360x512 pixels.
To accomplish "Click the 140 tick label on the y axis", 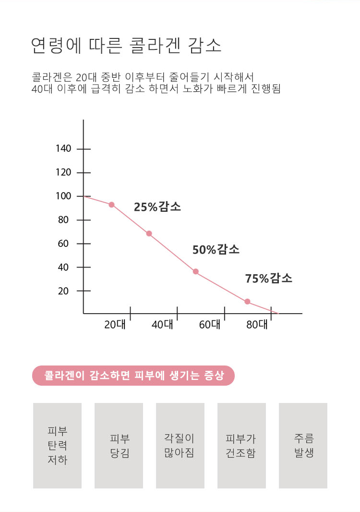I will (x=63, y=149).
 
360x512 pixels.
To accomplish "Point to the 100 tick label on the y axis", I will (x=63, y=196).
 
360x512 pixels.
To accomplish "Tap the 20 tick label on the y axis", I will (x=63, y=291).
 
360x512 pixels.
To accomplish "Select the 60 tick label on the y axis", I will (x=63, y=244).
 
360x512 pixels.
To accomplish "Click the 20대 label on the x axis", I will (x=115, y=325).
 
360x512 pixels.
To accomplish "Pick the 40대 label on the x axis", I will (x=162, y=325).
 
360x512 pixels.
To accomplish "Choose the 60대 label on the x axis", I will (x=209, y=325).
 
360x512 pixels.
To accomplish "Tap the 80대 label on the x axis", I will (x=256, y=325).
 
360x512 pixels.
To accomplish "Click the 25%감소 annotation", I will (x=157, y=207).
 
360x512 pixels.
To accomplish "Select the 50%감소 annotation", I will (x=216, y=250).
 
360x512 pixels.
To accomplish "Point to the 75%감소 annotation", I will (x=268, y=279).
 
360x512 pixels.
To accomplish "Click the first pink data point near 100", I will (x=111, y=205).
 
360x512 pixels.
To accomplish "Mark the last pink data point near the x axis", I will (x=247, y=302).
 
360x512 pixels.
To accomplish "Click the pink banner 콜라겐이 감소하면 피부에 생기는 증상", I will (x=133, y=376).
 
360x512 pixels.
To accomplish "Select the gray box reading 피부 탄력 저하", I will (x=57, y=445).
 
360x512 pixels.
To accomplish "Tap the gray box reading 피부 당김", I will (x=119, y=445).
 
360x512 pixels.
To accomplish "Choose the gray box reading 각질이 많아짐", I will (x=180, y=445).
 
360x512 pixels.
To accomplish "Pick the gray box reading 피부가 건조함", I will (x=241, y=445).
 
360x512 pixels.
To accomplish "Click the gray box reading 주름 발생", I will (x=303, y=445).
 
